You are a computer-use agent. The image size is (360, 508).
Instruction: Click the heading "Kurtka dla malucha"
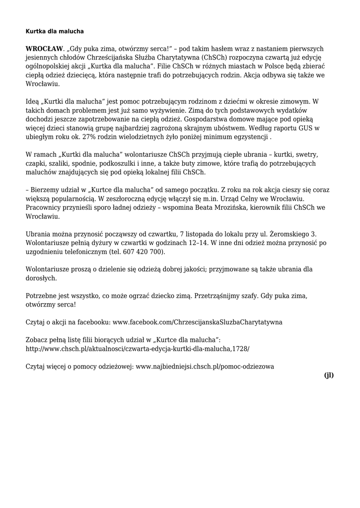coord(55,31)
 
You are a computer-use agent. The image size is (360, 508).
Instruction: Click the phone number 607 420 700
coord(144,252)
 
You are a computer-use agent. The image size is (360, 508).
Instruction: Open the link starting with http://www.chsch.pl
coord(138,348)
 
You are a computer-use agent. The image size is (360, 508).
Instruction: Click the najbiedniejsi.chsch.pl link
coord(205,367)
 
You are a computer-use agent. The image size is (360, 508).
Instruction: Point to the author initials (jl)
coord(329,375)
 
